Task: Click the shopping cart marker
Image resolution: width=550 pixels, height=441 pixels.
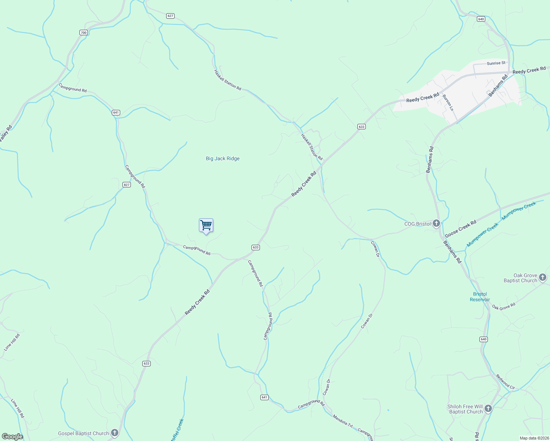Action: click(206, 226)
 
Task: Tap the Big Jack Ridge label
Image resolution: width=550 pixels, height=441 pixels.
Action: click(222, 158)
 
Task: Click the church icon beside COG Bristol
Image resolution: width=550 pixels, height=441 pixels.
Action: click(436, 223)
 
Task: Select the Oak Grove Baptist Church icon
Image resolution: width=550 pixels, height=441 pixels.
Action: click(543, 278)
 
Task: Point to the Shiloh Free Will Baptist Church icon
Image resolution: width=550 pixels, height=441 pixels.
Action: click(488, 409)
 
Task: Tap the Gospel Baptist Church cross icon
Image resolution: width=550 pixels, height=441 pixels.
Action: click(115, 433)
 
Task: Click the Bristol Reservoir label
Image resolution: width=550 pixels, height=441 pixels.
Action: click(480, 297)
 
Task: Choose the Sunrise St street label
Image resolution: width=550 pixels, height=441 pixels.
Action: click(496, 63)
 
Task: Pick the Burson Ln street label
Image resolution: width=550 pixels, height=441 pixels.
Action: click(448, 103)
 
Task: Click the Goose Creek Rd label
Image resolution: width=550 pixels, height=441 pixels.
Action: click(461, 229)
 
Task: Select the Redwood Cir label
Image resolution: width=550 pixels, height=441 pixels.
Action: click(505, 382)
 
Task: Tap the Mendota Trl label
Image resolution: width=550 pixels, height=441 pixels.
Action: click(342, 420)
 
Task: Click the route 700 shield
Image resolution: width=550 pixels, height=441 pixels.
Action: click(83, 33)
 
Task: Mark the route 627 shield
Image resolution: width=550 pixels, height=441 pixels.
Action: click(170, 16)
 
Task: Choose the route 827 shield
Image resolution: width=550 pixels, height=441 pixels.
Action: click(127, 184)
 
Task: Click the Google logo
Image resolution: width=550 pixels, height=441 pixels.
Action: click(12, 437)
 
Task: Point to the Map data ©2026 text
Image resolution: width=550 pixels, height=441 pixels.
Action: click(533, 438)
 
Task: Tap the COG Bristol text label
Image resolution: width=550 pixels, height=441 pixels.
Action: click(417, 224)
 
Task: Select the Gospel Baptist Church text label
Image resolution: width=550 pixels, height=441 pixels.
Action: click(83, 433)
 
